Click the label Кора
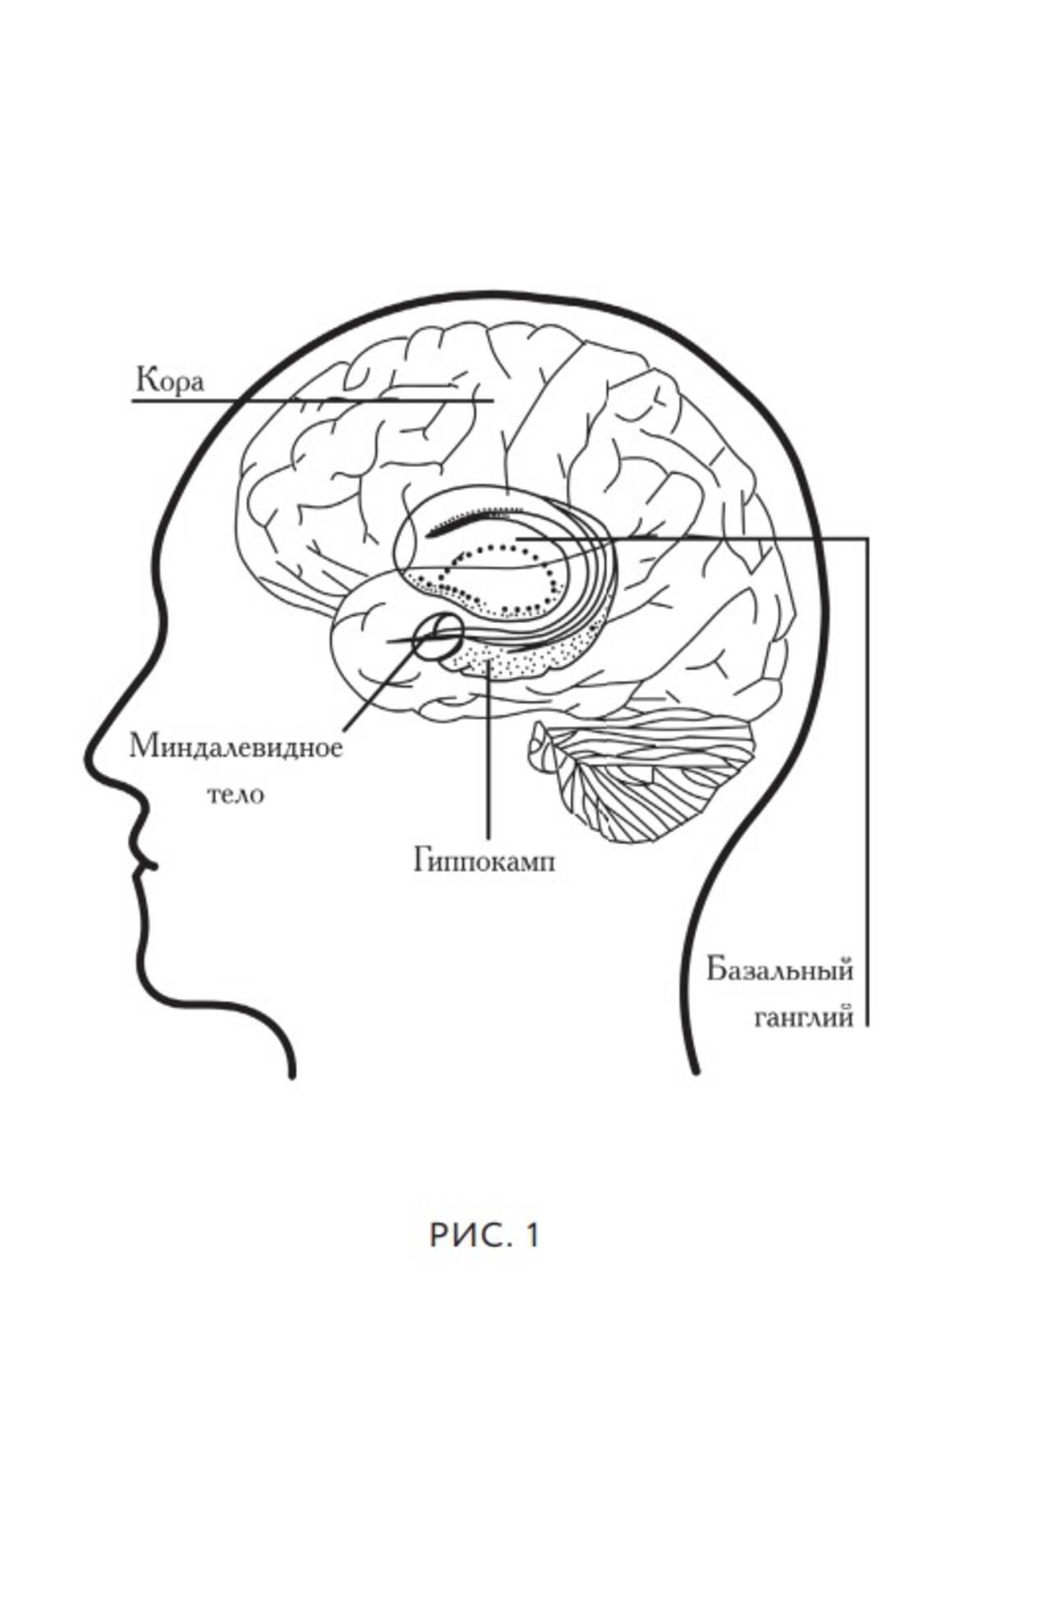pyautogui.click(x=170, y=381)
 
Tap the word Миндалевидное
pyautogui.click(x=236, y=747)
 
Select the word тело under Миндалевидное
pyautogui.click(x=236, y=795)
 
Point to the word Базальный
pyautogui.click(x=780, y=970)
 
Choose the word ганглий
pyautogui.click(x=804, y=1016)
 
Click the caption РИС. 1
pyautogui.click(x=484, y=1235)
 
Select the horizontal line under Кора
pyautogui.click(x=312, y=401)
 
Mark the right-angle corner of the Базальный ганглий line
pyautogui.click(x=867, y=539)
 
